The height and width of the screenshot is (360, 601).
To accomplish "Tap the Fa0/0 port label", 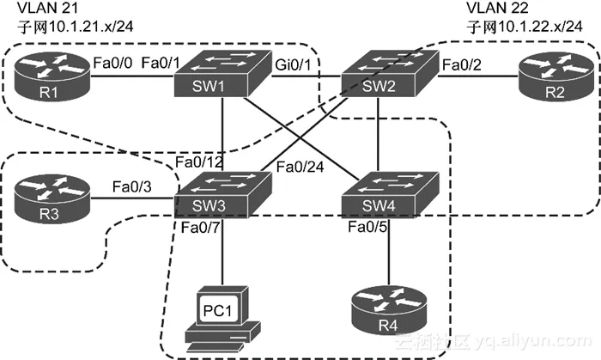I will pos(112,63).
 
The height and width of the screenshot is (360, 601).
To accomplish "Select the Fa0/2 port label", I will pos(461,63).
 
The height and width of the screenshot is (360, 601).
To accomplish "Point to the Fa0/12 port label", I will pos(196,162).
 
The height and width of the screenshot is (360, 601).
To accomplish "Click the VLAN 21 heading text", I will pos(36,9).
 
